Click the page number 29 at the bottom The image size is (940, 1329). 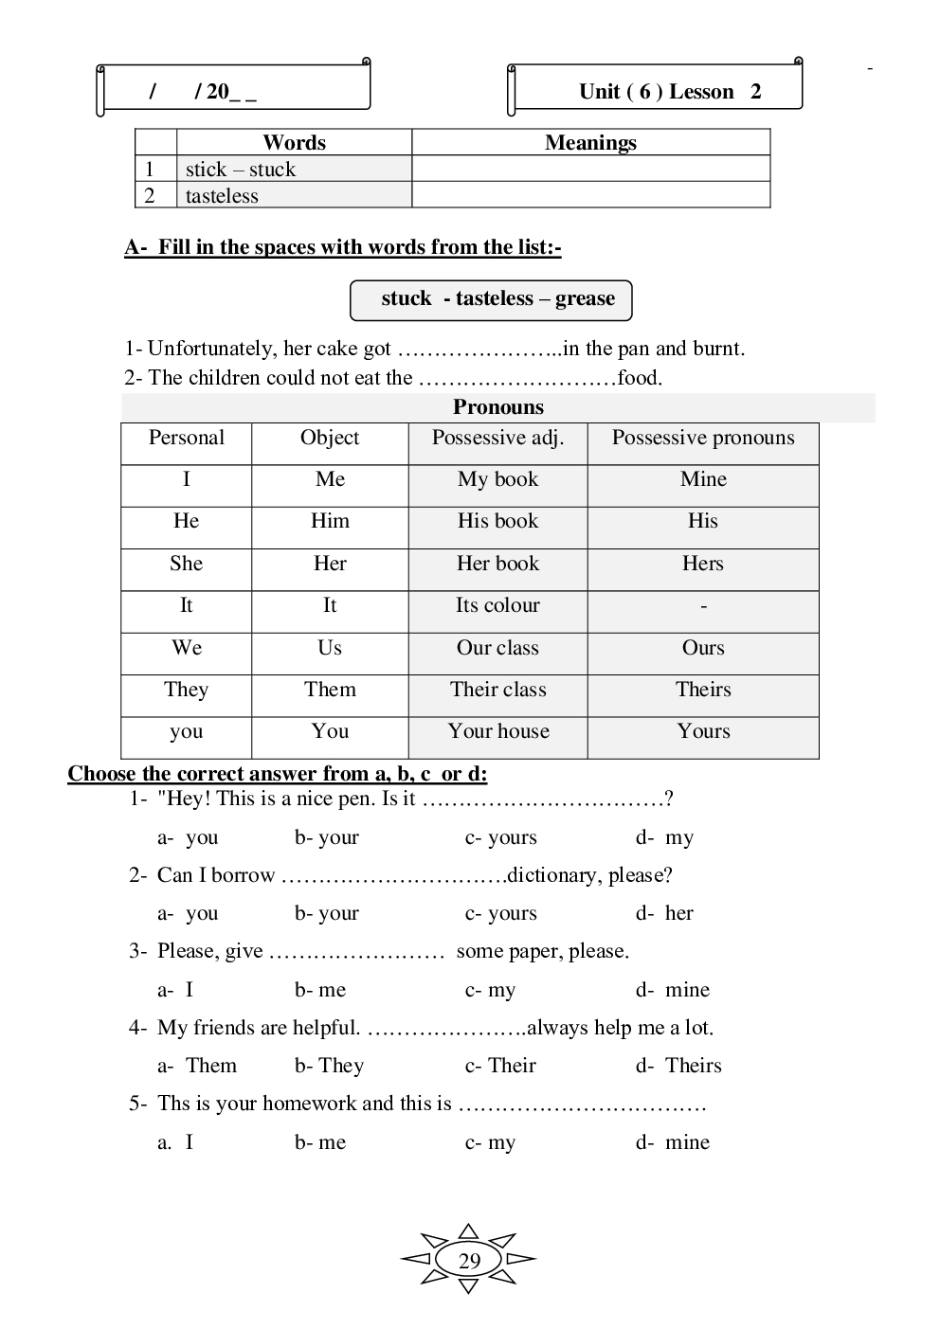pyautogui.click(x=469, y=1261)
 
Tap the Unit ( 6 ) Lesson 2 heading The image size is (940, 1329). pyautogui.click(x=669, y=92)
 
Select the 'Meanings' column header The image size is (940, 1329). pyautogui.click(x=590, y=143)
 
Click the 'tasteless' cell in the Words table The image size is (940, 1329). pyautogui.click(x=222, y=196)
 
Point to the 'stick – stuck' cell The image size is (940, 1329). pyautogui.click(x=241, y=170)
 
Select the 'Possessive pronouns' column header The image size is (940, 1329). pyautogui.click(x=703, y=438)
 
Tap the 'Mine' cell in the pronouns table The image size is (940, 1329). pyautogui.click(x=703, y=479)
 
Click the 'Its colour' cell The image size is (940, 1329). pyautogui.click(x=497, y=605)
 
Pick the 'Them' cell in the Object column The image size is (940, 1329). pyautogui.click(x=330, y=690)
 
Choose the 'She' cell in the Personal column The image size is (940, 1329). pyautogui.click(x=186, y=564)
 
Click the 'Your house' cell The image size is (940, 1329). pyautogui.click(x=498, y=731)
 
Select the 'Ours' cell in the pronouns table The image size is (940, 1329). pyautogui.click(x=703, y=648)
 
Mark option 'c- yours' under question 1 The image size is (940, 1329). pyautogui.click(x=500, y=837)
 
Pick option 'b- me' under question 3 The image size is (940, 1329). pyautogui.click(x=320, y=990)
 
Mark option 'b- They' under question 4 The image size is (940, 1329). pyautogui.click(x=329, y=1066)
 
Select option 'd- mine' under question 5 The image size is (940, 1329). pyautogui.click(x=673, y=1142)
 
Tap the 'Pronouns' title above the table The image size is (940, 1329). pyautogui.click(x=498, y=407)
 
